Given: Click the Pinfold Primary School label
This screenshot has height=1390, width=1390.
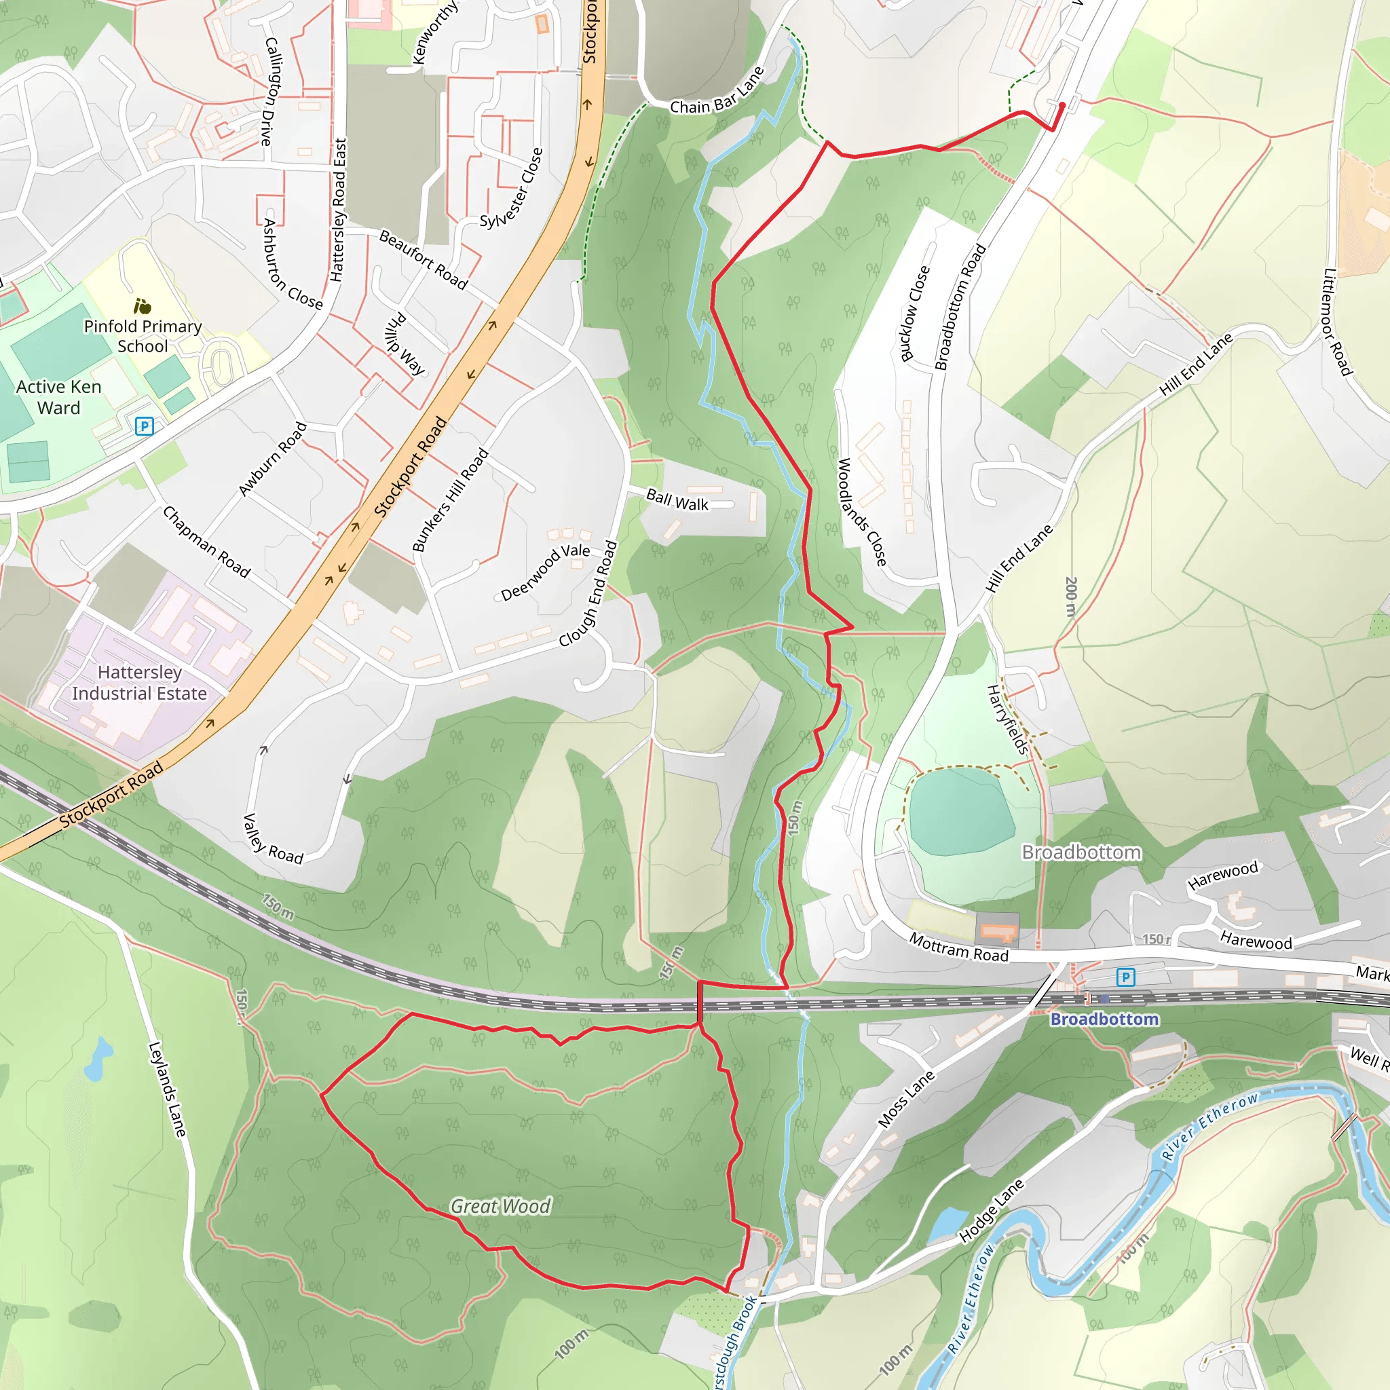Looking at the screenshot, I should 143,336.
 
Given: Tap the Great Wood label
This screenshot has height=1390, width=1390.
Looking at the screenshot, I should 501,1207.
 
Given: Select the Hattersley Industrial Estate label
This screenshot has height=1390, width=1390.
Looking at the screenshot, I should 139,683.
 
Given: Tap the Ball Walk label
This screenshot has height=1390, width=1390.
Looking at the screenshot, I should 677,500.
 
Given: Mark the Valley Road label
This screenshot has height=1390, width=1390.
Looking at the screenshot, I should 273,839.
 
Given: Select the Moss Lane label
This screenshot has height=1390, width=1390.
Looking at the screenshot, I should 906,1099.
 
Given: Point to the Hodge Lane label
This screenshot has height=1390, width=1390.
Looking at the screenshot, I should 992,1211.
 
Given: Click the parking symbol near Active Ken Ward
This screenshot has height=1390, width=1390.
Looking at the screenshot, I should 145,426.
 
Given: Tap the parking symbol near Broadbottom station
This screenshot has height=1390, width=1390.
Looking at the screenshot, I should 1125,977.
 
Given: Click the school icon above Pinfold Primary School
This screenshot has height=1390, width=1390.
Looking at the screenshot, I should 143,307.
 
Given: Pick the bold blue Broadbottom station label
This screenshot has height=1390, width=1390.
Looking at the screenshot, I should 1104,1019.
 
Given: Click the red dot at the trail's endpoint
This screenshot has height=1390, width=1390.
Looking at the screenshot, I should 1062,106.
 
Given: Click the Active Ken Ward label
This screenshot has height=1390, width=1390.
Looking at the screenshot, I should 59,397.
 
